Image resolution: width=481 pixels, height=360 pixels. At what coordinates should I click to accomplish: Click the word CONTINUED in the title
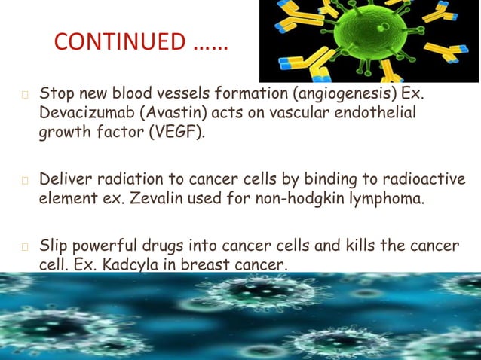click(120, 41)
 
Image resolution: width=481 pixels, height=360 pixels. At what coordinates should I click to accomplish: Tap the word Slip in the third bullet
click(54, 246)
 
